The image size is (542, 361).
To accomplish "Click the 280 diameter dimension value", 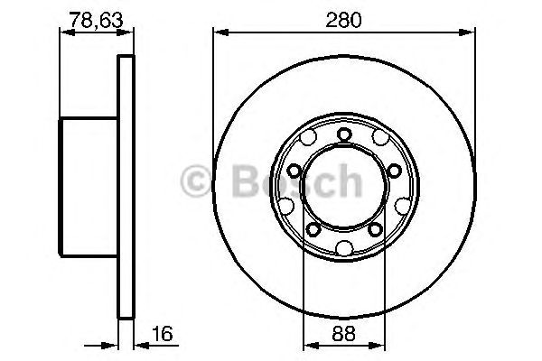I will [343, 17].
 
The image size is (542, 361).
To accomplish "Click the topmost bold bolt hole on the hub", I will [343, 135].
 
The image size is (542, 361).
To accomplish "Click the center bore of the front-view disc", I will [343, 190].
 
